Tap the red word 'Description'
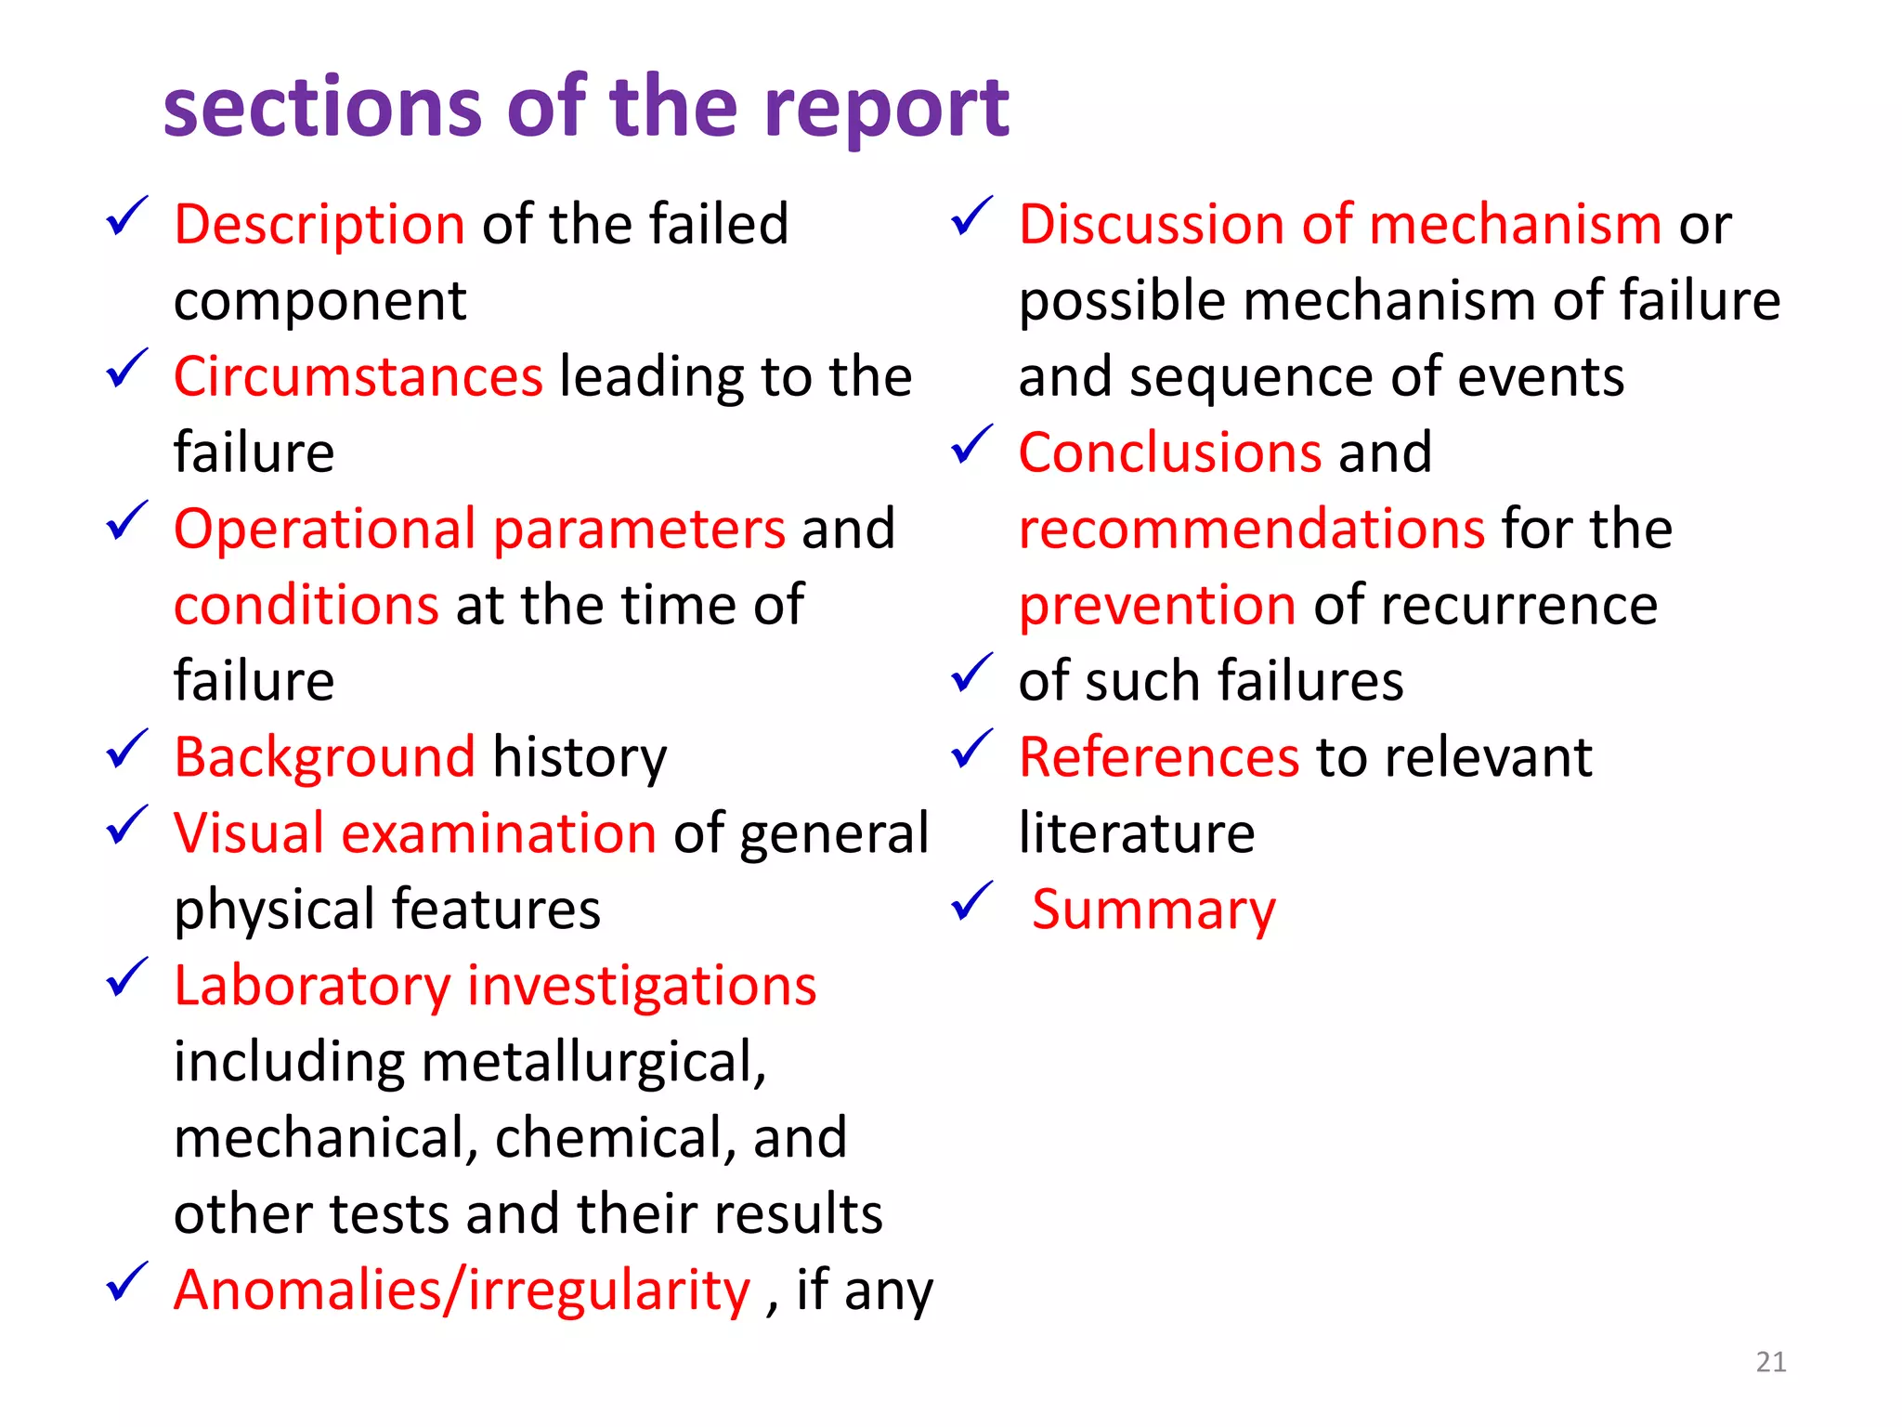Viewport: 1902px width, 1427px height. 319,225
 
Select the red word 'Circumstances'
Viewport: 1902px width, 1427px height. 358,377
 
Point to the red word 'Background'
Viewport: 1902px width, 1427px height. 325,757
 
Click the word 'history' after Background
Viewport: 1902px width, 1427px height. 580,757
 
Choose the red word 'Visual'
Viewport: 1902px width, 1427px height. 249,833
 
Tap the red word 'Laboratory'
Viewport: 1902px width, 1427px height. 312,986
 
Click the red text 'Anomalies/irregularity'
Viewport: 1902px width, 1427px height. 462,1290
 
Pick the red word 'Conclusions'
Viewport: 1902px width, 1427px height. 1170,453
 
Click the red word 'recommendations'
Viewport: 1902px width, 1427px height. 1252,530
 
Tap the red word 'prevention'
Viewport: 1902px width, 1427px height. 1157,606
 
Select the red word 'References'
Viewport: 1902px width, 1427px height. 1159,757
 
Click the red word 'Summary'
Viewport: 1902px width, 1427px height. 1153,910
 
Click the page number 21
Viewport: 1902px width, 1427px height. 1771,1362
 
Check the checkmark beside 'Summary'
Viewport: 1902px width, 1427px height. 971,901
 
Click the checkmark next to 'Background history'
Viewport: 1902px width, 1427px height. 127,749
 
